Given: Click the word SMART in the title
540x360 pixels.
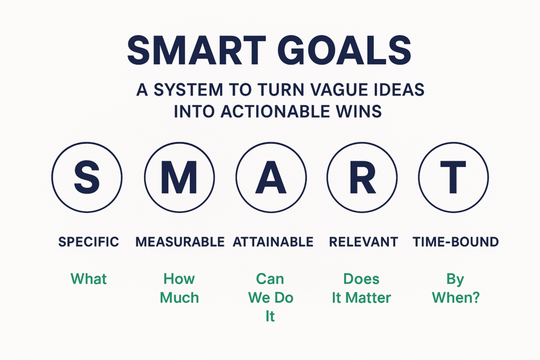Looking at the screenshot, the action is [197, 51].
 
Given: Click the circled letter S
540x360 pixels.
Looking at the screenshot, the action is [87, 177].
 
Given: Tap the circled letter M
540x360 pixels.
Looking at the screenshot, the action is [179, 177].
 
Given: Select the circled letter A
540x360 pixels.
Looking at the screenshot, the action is [271, 177].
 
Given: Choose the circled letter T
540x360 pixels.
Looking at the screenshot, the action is [453, 177].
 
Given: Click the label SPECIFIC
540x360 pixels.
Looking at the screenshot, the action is [89, 242].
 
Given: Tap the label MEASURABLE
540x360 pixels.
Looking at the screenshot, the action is [180, 242].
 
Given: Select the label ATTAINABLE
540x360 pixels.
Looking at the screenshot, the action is [273, 242].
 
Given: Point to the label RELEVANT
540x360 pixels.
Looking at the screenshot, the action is [363, 242].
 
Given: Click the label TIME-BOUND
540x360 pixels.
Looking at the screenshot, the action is [456, 242].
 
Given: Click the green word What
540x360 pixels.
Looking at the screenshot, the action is [89, 279].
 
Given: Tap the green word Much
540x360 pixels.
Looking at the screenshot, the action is [179, 298].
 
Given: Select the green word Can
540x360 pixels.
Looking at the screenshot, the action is [270, 279].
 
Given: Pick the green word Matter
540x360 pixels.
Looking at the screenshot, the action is [368, 298].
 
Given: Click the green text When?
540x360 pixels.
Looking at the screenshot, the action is [456, 298].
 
